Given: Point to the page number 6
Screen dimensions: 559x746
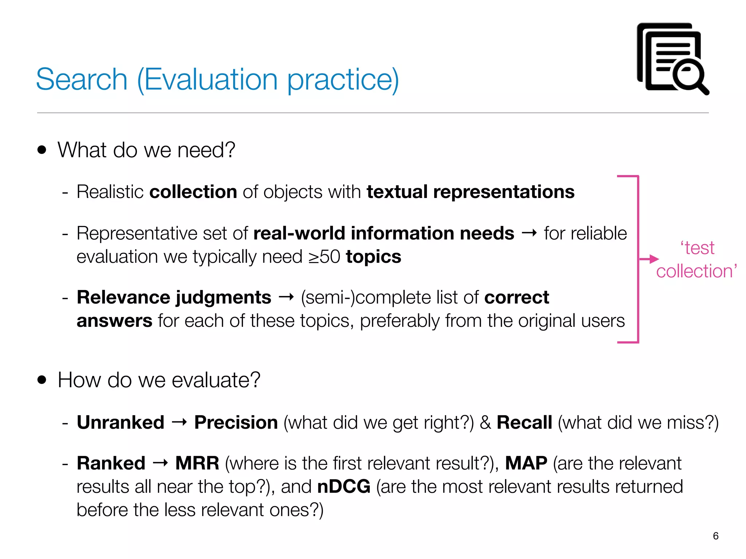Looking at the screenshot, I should (x=715, y=536).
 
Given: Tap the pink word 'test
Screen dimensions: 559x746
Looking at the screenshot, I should (x=697, y=248).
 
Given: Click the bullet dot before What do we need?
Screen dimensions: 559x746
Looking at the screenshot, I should (x=42, y=150).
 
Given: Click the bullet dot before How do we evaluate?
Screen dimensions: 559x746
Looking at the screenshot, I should (x=42, y=380).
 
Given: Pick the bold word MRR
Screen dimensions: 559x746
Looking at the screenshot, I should (x=197, y=463).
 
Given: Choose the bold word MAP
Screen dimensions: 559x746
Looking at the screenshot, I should (x=526, y=463).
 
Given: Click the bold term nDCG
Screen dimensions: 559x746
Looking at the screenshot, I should (x=343, y=487).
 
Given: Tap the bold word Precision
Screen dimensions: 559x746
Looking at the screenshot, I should (x=236, y=423).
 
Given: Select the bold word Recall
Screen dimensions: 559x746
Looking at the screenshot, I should (x=524, y=423).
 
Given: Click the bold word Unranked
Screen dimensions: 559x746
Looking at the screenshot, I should (x=121, y=423).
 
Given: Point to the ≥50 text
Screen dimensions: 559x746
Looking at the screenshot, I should (x=324, y=257).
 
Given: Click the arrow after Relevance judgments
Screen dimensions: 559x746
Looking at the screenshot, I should (x=286, y=298).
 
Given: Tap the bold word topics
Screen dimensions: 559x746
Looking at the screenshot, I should (x=373, y=257).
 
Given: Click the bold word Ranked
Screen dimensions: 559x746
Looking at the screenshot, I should (x=111, y=463).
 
